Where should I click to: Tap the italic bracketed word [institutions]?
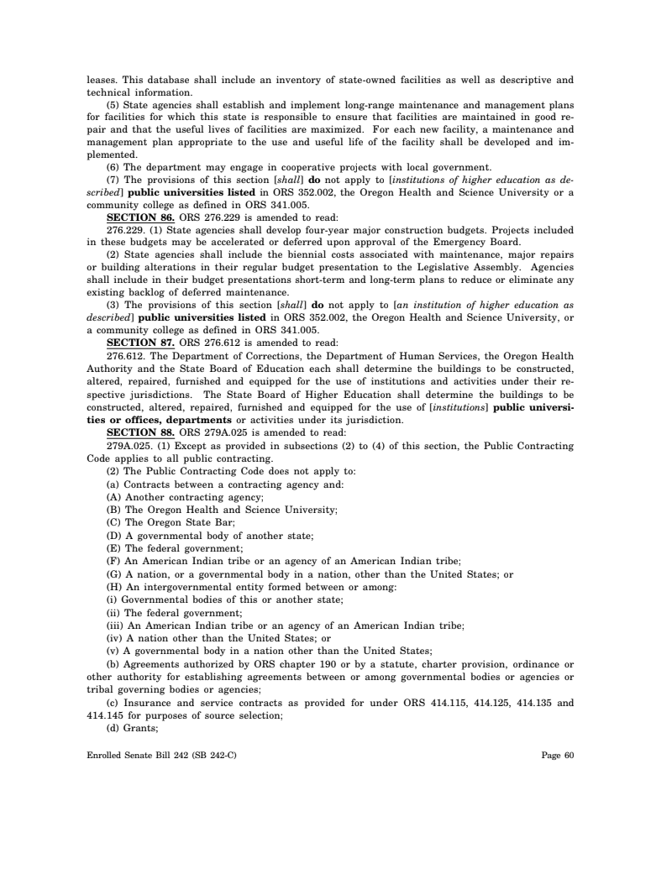tap(462, 408)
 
